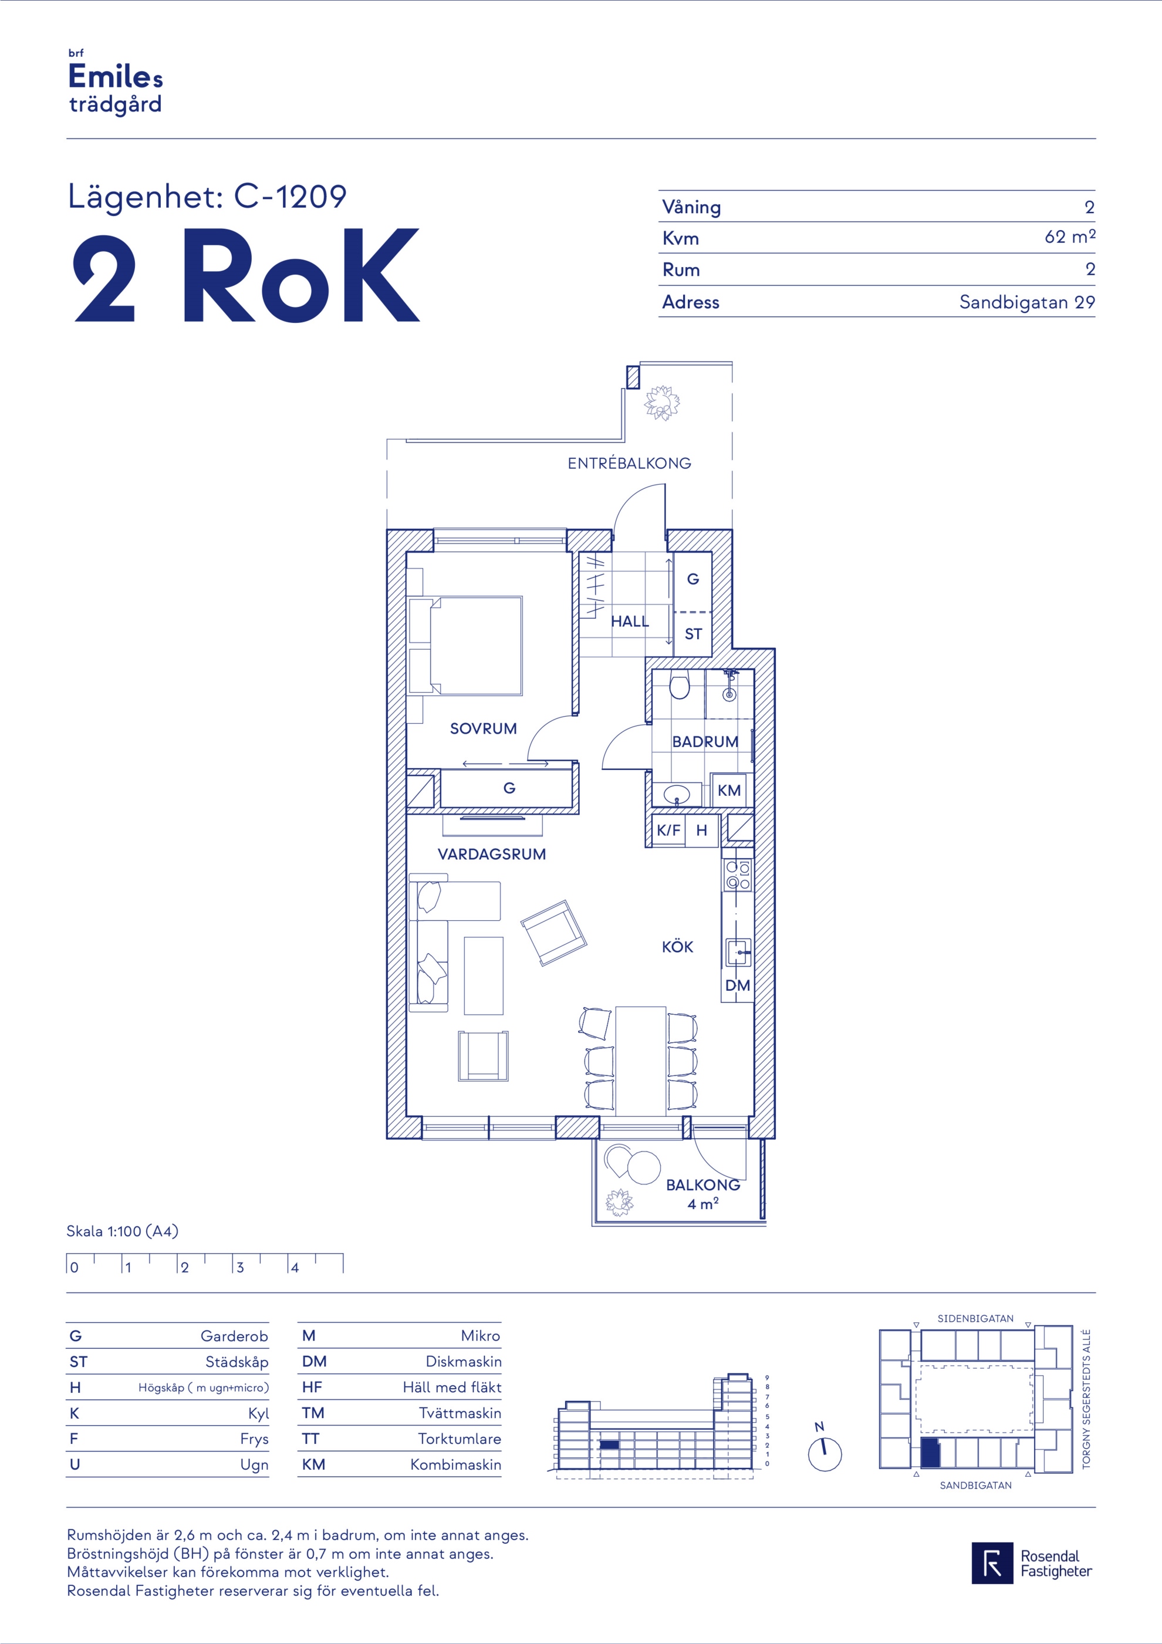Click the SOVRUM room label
coord(483,729)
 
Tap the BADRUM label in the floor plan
coord(705,742)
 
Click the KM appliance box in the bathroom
coord(729,790)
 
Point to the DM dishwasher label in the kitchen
coord(738,985)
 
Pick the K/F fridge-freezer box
coord(668,831)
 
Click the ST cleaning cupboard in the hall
coord(693,634)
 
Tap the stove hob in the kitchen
coord(738,875)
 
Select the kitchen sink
coord(738,953)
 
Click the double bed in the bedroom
coord(465,646)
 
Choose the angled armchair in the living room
coord(553,932)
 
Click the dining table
coord(641,1061)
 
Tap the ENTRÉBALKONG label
coord(629,463)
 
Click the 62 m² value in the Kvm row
coord(1070,237)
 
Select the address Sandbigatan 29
coord(1028,302)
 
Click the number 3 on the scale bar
coord(240,1267)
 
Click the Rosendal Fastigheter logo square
coord(992,1562)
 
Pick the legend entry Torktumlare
coord(460,1439)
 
